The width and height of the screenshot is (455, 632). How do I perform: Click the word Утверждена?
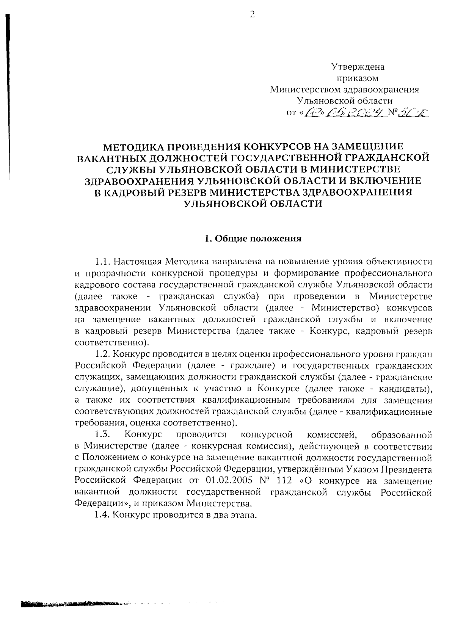[x=358, y=67]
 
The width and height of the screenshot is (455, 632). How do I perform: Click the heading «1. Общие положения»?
[x=253, y=238]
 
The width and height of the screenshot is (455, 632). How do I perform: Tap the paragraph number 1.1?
[x=102, y=262]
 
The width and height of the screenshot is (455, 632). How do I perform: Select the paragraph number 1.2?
[x=102, y=354]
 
